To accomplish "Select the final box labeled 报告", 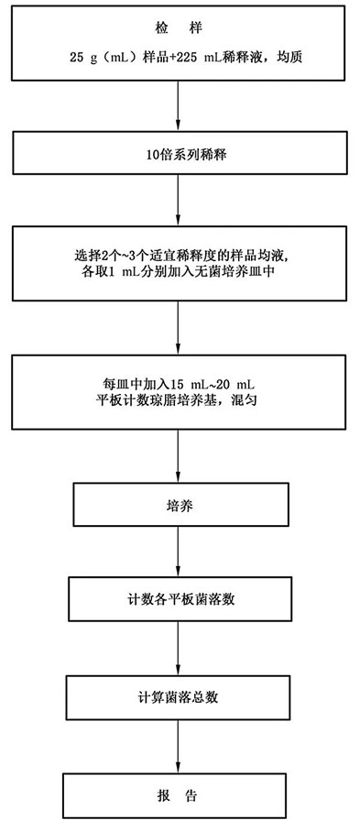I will [x=179, y=794].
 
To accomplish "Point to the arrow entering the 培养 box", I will [x=179, y=456].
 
